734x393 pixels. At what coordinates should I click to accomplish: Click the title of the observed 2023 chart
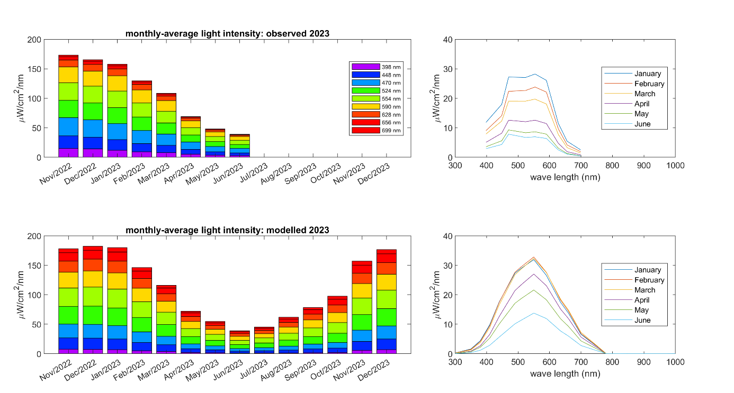(227, 33)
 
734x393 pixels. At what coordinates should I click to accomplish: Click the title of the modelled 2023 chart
(227, 230)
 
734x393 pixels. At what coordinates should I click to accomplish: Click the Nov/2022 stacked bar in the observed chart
(68, 106)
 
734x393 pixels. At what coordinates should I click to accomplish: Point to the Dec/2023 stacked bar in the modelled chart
(386, 301)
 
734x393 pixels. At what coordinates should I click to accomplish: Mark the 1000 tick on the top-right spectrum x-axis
(675, 166)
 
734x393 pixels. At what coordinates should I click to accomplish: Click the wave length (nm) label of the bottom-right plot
(565, 373)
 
